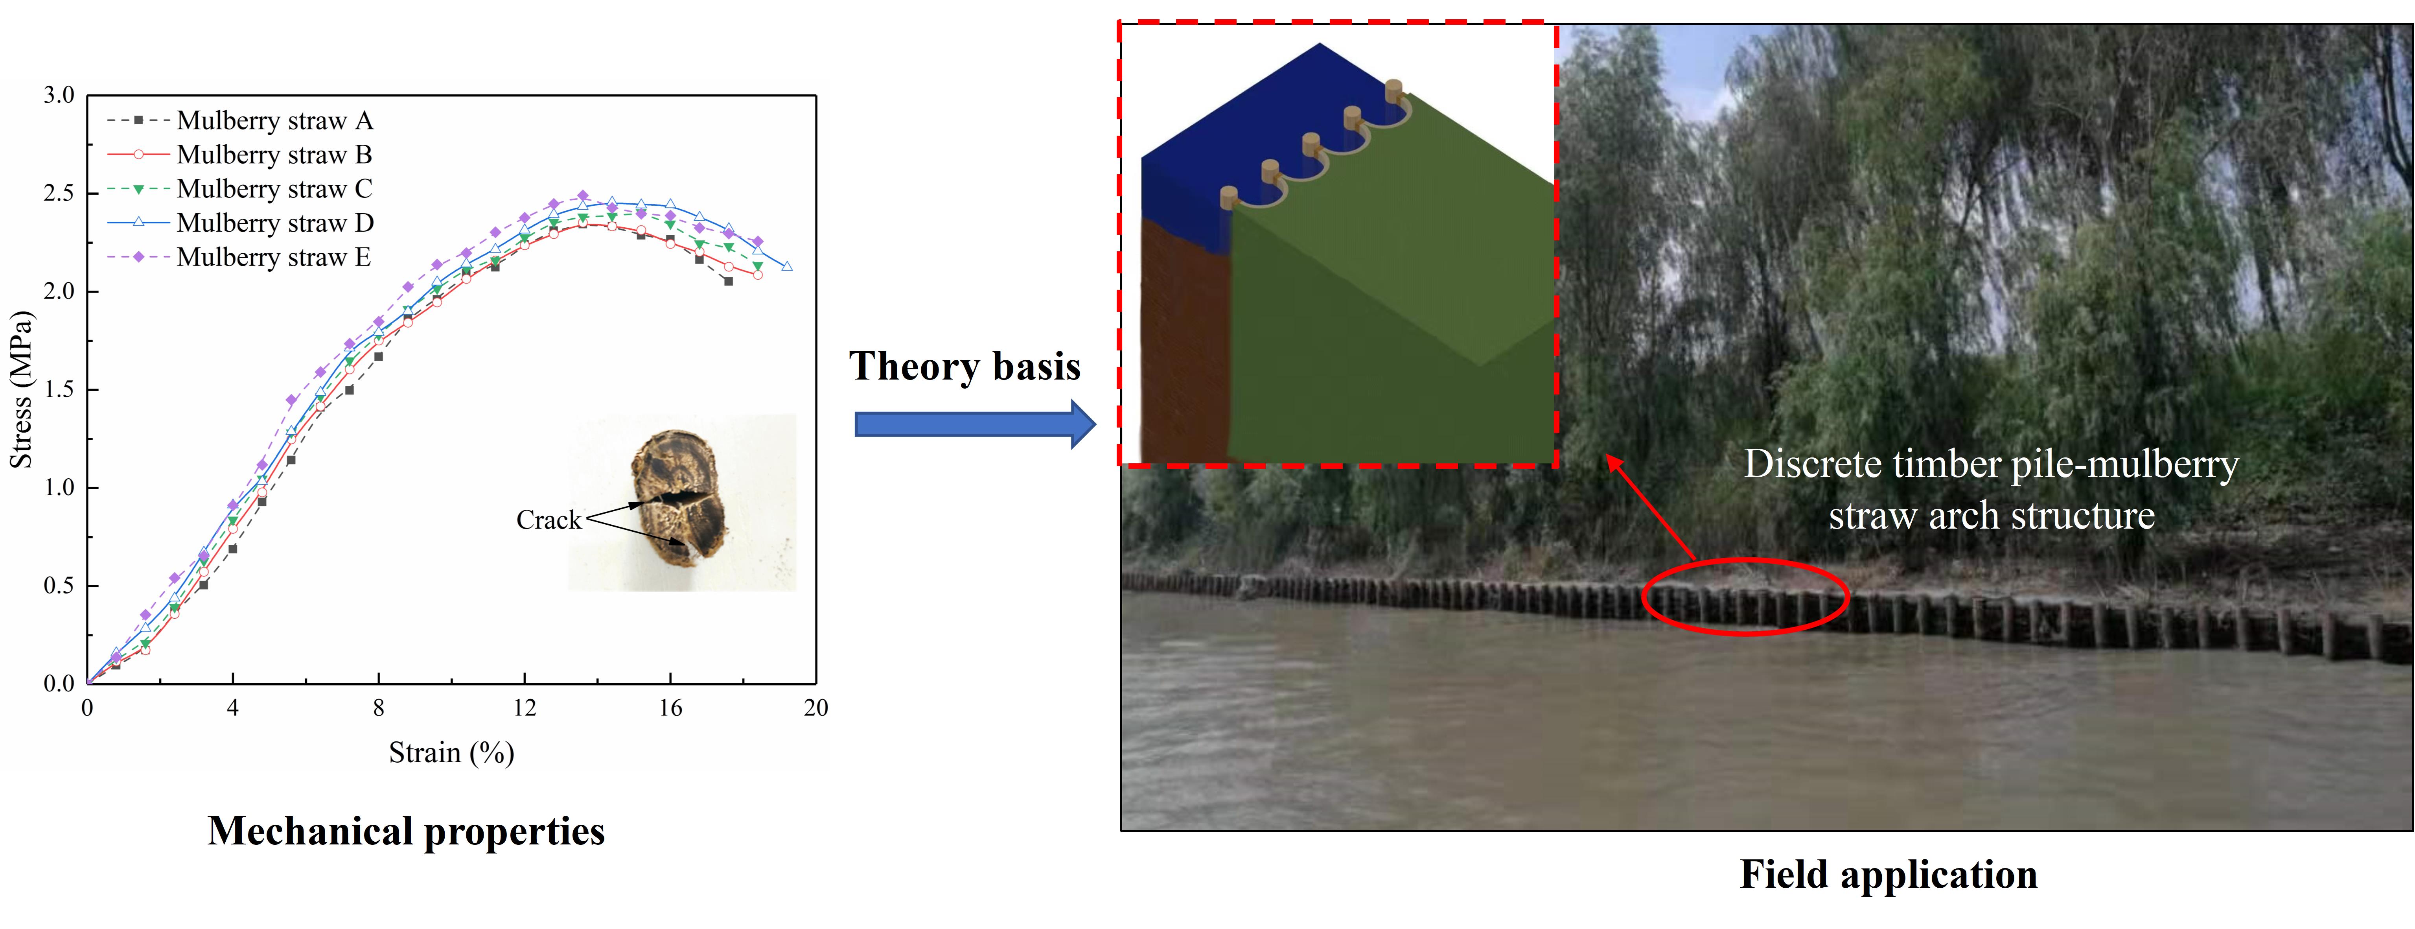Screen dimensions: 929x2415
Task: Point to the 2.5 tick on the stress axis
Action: click(x=58, y=193)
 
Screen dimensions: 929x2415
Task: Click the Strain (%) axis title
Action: click(x=451, y=753)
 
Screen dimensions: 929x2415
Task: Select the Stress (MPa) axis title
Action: click(x=20, y=389)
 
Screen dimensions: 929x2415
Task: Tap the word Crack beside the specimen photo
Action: click(x=549, y=520)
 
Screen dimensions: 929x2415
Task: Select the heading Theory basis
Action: click(x=965, y=367)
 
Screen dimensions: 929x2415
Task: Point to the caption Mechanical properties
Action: click(x=406, y=831)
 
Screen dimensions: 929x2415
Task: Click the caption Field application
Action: click(x=1888, y=875)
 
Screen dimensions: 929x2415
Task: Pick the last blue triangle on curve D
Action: click(x=786, y=266)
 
